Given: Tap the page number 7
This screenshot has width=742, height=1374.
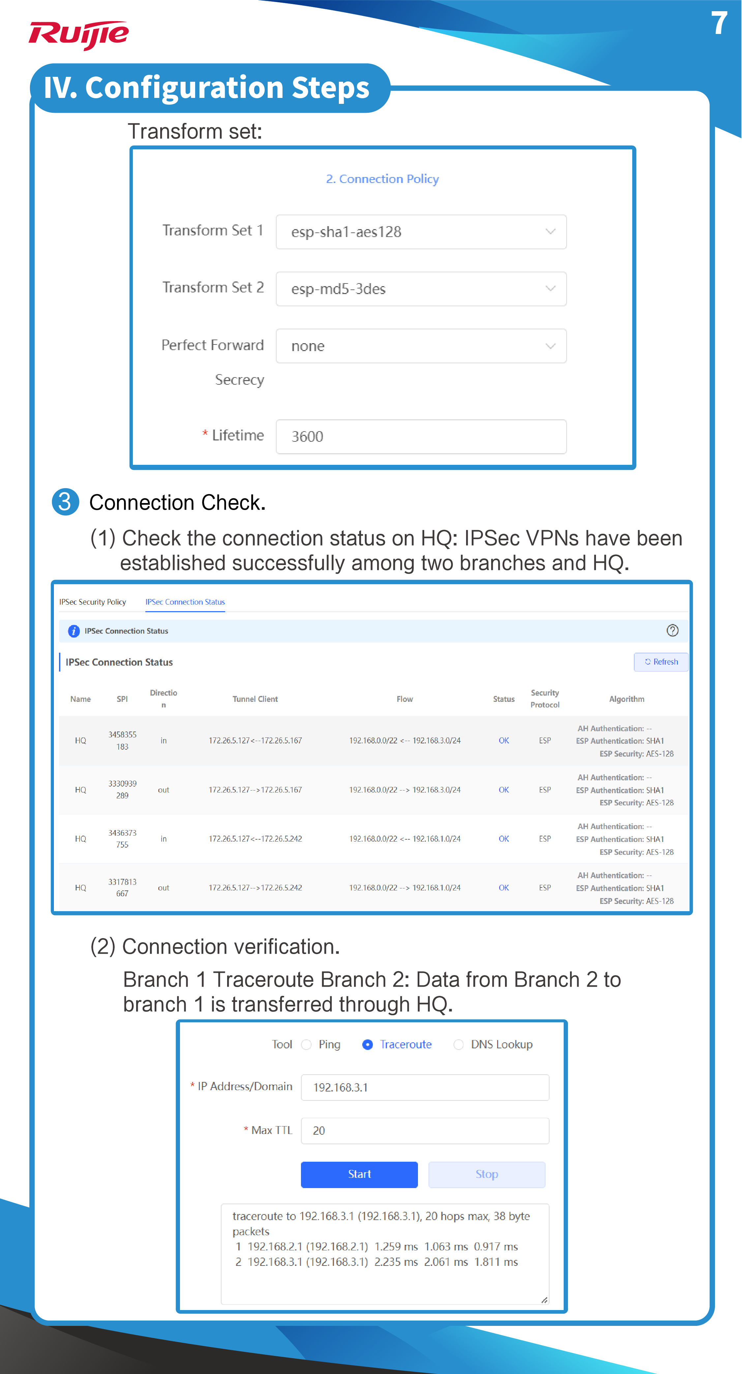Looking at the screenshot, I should (719, 23).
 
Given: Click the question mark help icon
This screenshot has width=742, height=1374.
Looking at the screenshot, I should (672, 630).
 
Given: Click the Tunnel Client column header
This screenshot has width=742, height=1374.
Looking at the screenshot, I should (255, 699).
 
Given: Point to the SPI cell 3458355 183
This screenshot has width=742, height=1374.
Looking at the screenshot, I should (122, 741).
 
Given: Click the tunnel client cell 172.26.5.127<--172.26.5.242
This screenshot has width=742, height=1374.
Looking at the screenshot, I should (255, 839).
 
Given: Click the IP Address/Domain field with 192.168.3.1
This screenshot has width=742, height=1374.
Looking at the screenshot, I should (425, 1088).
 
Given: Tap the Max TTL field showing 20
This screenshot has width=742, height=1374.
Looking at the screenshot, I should (425, 1131).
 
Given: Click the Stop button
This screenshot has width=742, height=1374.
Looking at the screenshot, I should (487, 1175).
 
